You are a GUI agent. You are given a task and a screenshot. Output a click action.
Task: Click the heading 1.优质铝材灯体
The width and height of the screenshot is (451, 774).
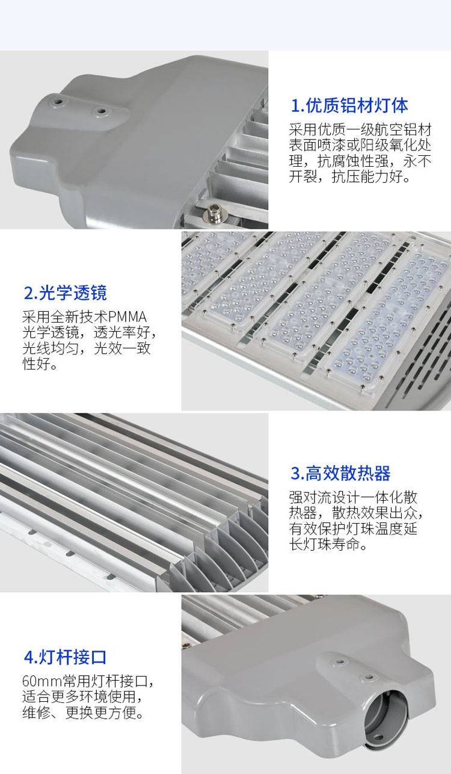pos(349,105)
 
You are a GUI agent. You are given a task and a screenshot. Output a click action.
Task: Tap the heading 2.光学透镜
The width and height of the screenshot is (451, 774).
pos(65,293)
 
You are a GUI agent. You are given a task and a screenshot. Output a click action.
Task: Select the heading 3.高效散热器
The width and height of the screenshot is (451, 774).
pos(340,473)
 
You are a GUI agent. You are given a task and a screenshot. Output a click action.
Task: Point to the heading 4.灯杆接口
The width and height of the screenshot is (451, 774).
pos(65,657)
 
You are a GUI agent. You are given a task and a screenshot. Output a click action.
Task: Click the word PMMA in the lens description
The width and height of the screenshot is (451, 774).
pos(127,317)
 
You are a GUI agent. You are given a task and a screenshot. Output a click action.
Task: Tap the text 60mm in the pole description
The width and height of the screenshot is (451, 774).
pos(41,681)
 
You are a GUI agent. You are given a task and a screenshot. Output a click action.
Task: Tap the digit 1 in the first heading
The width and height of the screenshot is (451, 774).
pos(295,106)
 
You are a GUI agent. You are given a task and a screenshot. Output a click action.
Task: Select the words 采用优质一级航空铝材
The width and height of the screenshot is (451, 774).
pos(360,129)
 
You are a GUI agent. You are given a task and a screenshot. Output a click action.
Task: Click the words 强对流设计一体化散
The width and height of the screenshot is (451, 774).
pos(353,497)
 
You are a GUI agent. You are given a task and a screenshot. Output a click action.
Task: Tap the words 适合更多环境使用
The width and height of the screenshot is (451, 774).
pos(79,696)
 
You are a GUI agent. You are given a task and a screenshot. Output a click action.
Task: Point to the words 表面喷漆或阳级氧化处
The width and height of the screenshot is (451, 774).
pos(360,145)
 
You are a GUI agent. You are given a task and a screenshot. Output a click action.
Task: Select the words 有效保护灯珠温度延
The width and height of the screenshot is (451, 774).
pos(353,528)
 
